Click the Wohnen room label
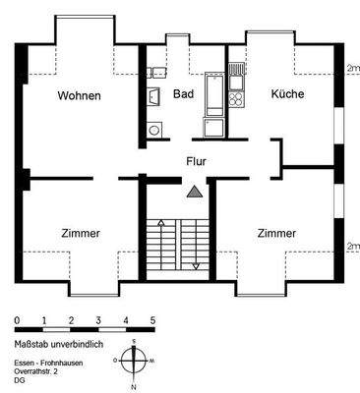pyautogui.click(x=78, y=95)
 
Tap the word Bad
pyautogui.click(x=183, y=94)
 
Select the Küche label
pyautogui.click(x=287, y=94)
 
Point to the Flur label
pyautogui.click(x=197, y=158)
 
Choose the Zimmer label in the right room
pyautogui.click(x=277, y=233)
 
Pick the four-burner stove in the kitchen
pyautogui.click(x=236, y=97)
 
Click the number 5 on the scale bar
pyautogui.click(x=152, y=321)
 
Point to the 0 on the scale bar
pyautogui.click(x=17, y=321)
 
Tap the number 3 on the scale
pyautogui.click(x=98, y=321)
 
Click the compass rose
pyautogui.click(x=134, y=361)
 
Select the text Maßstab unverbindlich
pyautogui.click(x=57, y=344)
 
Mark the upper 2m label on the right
pyautogui.click(x=353, y=68)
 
